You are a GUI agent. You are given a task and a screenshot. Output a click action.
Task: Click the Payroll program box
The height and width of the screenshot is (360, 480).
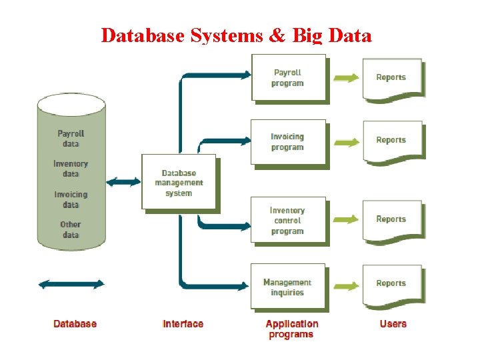tap(288, 78)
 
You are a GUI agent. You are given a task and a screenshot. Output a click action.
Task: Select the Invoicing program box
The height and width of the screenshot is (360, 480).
tap(288, 142)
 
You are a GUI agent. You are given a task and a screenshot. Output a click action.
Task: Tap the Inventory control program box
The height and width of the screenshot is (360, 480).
tap(288, 220)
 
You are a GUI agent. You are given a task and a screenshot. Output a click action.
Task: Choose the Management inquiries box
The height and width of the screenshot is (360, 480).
tap(288, 287)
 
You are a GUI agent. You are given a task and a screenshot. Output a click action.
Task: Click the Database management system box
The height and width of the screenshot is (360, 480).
tap(179, 183)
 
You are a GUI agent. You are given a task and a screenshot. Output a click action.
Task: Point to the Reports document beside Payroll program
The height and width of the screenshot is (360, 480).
tap(391, 79)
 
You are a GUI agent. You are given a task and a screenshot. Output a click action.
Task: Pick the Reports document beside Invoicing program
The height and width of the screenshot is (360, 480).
tap(391, 141)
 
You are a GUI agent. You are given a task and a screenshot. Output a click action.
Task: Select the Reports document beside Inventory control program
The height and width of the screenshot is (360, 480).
tap(391, 220)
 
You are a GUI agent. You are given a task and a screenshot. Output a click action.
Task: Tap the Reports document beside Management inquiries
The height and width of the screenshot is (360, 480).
tap(391, 285)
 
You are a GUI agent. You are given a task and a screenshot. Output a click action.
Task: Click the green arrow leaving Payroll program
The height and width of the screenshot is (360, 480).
tap(345, 78)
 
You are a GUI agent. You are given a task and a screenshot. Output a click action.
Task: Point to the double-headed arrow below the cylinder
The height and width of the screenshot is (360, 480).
tap(71, 284)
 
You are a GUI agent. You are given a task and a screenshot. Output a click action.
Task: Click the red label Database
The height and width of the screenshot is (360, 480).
tap(75, 324)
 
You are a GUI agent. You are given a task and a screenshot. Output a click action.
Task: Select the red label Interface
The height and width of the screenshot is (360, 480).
tap(183, 324)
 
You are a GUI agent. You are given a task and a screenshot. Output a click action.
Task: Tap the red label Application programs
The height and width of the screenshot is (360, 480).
tap(292, 329)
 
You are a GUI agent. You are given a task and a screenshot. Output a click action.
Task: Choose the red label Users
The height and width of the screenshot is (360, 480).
tap(393, 324)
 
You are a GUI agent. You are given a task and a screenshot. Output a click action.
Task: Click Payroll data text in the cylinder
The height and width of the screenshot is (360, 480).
tap(71, 139)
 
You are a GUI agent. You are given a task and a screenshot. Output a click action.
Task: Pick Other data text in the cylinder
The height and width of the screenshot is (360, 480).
tap(71, 230)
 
